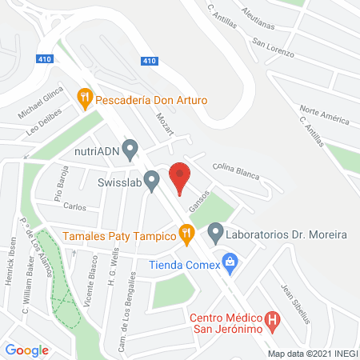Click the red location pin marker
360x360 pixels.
[x=181, y=177]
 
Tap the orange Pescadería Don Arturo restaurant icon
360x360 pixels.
[x=84, y=100]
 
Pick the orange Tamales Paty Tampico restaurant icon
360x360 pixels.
[x=186, y=234]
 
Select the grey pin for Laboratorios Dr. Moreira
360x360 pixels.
[x=214, y=234]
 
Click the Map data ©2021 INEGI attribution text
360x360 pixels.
[x=311, y=353]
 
